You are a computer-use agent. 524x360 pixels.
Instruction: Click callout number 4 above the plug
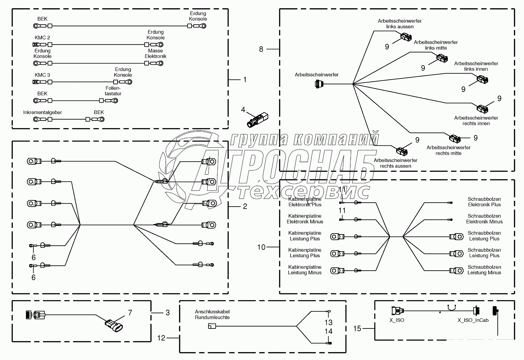click(243, 110)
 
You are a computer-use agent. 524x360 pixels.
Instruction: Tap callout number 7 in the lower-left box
click(130, 312)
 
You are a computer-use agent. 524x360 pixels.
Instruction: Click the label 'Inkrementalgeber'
click(43, 112)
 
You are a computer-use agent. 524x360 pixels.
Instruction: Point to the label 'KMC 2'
click(42, 38)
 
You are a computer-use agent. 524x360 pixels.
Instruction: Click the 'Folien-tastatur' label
click(113, 91)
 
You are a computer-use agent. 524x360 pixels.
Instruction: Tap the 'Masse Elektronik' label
click(155, 54)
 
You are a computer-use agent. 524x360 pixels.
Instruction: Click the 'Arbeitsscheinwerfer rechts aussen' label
click(396, 163)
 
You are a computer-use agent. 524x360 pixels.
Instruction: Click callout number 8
click(261, 49)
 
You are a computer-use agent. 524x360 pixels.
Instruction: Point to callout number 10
click(261, 247)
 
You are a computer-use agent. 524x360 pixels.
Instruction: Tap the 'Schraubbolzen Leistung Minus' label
click(484, 270)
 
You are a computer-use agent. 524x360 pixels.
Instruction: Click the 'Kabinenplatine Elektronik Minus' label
click(305, 219)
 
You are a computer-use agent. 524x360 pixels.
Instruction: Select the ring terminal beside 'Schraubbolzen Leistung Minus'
click(456, 270)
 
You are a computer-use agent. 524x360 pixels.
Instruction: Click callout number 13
click(328, 323)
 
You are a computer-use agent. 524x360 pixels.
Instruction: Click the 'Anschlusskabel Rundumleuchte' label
click(212, 314)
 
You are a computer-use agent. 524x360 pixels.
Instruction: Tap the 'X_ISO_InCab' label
click(473, 320)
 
